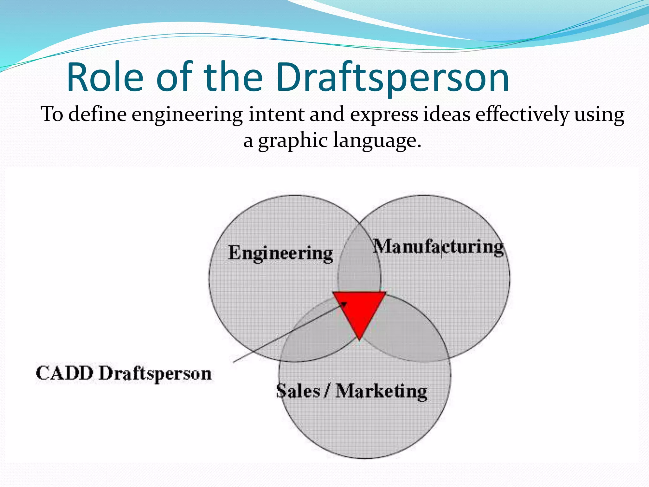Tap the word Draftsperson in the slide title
click(392, 77)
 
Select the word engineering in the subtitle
click(187, 115)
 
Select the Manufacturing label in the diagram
click(438, 247)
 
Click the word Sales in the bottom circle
click(298, 391)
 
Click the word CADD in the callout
click(65, 373)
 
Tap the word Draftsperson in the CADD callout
click(155, 374)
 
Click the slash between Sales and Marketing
click(327, 391)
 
